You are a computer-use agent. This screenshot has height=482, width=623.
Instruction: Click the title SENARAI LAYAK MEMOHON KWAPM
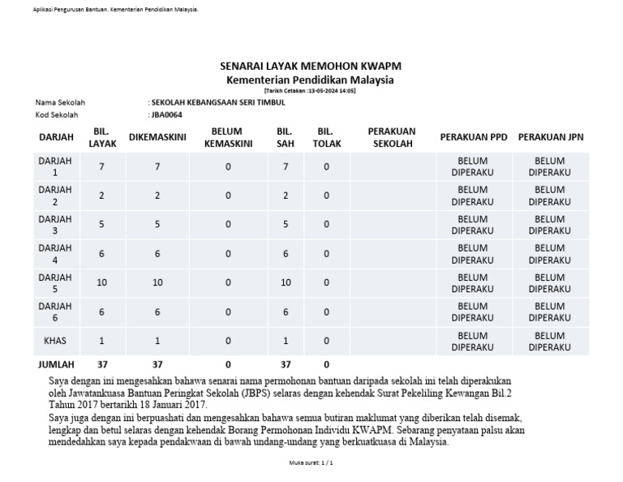tap(311, 66)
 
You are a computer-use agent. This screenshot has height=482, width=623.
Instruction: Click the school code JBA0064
tap(167, 114)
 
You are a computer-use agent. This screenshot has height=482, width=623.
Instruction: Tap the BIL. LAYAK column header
tap(101, 137)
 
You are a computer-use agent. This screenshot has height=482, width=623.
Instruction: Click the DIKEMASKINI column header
tap(157, 137)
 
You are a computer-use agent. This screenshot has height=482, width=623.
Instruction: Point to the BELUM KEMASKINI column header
tap(228, 137)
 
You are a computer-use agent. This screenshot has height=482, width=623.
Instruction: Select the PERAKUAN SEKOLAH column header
tap(392, 137)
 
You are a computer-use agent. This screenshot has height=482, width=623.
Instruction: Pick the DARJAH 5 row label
tap(55, 283)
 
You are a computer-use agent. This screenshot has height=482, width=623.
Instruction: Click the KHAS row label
tap(55, 342)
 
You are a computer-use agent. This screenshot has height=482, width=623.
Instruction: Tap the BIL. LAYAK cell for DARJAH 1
tap(101, 167)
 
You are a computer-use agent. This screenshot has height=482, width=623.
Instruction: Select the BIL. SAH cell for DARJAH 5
tap(285, 283)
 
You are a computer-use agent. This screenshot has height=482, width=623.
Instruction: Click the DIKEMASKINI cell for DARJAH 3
tap(157, 225)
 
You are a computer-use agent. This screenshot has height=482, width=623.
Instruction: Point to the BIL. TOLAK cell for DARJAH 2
tap(326, 196)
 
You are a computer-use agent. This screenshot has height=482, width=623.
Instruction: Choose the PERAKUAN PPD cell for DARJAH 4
tap(472, 254)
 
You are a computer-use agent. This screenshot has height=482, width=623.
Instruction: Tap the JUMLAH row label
tap(55, 365)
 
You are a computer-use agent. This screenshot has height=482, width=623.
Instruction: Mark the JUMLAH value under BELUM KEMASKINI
tap(228, 365)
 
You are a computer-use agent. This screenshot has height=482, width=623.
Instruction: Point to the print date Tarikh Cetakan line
tap(311, 91)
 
